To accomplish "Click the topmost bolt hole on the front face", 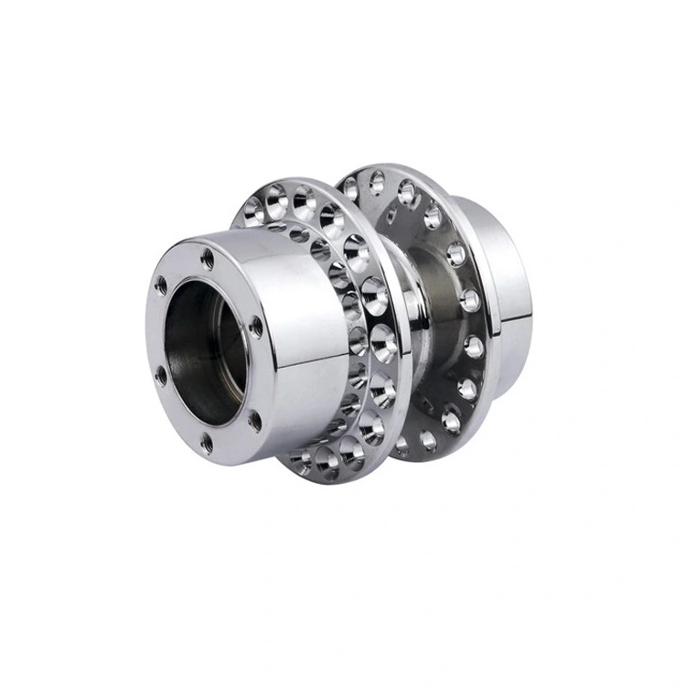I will (208, 259).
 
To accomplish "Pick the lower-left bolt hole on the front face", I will (162, 376).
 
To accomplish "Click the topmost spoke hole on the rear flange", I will (376, 180).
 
